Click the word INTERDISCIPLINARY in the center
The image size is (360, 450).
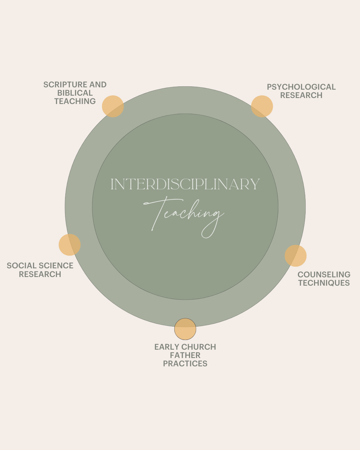coord(185,184)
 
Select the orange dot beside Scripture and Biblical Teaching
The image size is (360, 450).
coord(113,106)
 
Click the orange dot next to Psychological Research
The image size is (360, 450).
coord(262,106)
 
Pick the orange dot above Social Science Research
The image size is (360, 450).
coord(70,245)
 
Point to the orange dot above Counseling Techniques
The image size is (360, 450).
coord(295,256)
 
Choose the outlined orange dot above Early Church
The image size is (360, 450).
coord(185,329)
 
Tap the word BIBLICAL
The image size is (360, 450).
coord(75,93)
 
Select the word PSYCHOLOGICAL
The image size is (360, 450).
coord(301,87)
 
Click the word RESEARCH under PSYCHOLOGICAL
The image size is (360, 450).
coord(301,95)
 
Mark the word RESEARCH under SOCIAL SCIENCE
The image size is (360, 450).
coord(40,274)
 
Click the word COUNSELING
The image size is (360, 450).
coord(324,275)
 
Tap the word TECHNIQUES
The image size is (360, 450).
coord(324,283)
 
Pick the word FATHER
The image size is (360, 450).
coord(185,355)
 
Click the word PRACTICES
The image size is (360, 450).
coord(185,364)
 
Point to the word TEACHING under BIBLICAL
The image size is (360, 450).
coord(75,101)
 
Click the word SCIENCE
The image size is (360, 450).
coord(55,266)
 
